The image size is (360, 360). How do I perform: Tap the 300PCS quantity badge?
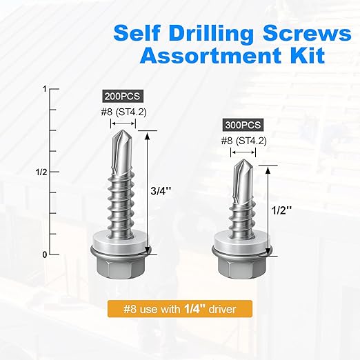pos(243,126)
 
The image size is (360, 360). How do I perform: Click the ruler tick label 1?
pos(43,90)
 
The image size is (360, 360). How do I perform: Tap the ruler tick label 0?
pos(43,254)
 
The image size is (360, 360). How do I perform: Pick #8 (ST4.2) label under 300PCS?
pos(243,141)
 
